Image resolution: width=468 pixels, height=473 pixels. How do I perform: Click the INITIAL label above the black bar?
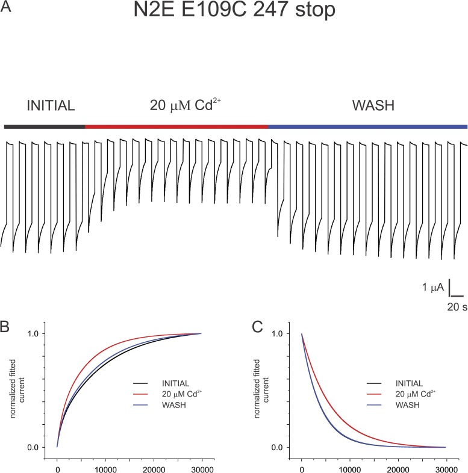pyautogui.click(x=51, y=107)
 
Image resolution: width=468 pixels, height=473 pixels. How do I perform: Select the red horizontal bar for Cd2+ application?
pyautogui.click(x=176, y=127)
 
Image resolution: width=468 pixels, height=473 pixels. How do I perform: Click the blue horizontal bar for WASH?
pyautogui.click(x=367, y=127)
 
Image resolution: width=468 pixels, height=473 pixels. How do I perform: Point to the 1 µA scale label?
pyautogui.click(x=433, y=288)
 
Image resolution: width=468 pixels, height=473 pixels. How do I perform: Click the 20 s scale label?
pyautogui.click(x=457, y=307)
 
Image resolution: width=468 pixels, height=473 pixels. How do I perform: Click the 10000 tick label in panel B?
pyautogui.click(x=105, y=464)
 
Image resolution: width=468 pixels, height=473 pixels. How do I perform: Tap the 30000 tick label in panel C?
pyautogui.click(x=446, y=464)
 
